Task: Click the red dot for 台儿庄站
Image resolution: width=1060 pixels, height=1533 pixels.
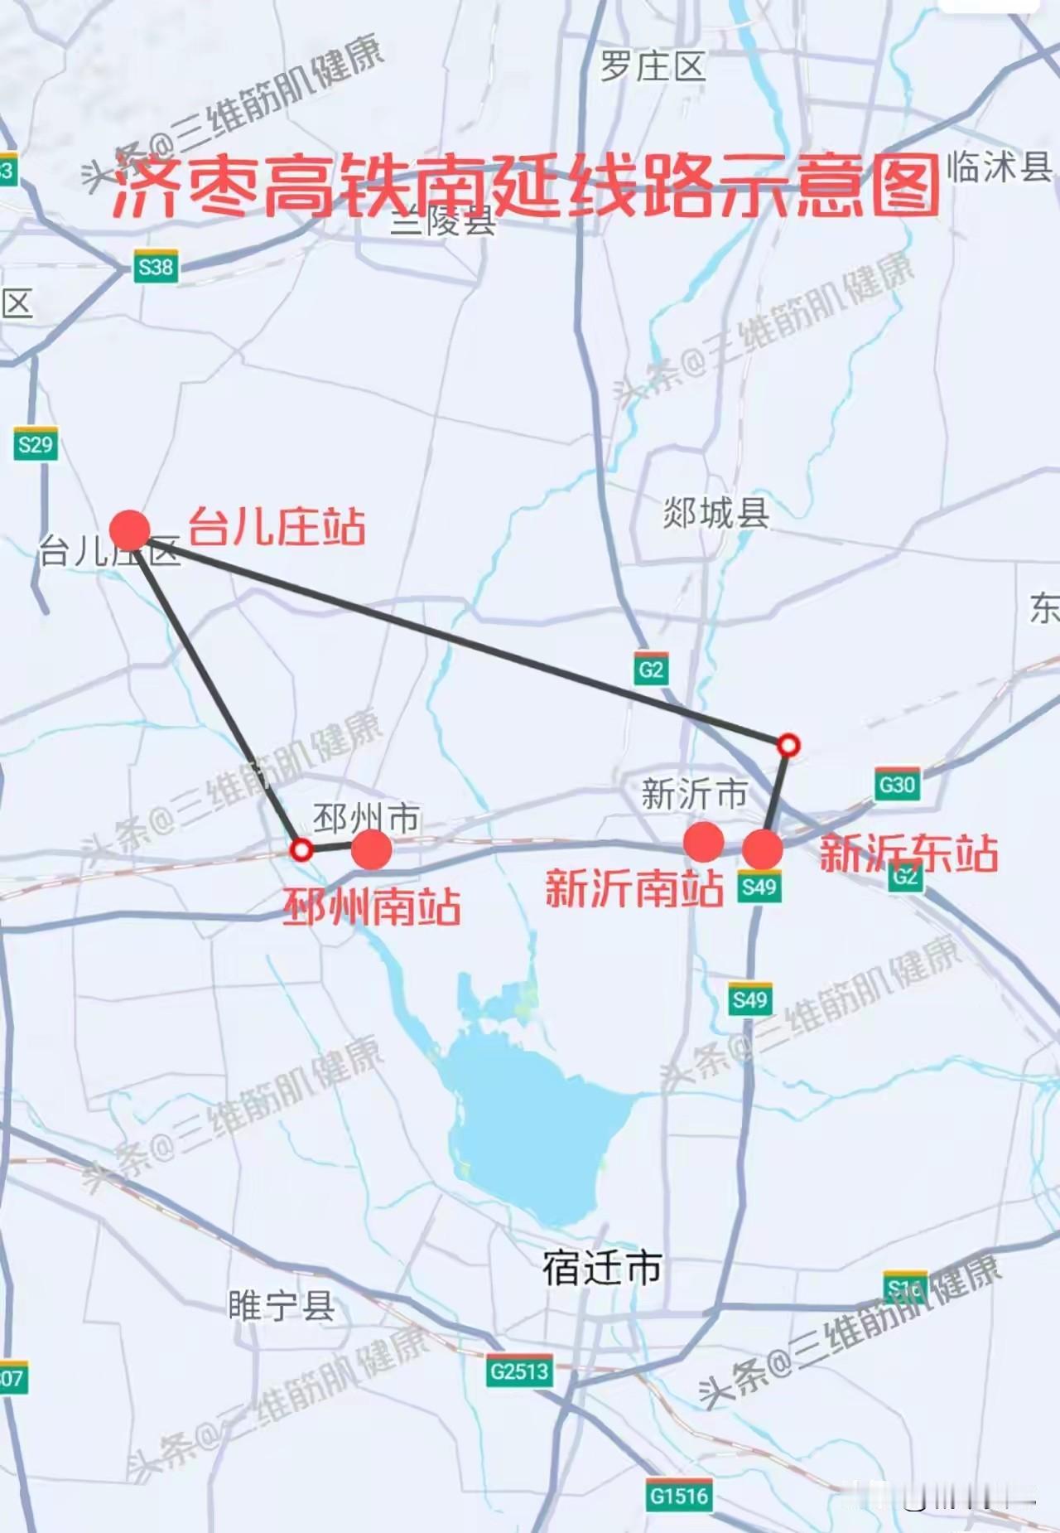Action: tap(130, 530)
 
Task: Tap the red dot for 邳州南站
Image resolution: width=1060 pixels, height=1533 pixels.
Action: tap(371, 849)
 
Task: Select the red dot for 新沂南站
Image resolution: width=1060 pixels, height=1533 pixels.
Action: tap(703, 842)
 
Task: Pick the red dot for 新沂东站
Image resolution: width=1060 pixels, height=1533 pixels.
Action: tap(762, 849)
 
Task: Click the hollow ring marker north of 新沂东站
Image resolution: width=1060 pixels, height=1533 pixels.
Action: tap(788, 745)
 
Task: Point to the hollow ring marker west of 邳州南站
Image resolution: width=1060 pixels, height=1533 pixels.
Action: tap(301, 849)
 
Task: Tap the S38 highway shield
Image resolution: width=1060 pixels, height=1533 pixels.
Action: tap(156, 268)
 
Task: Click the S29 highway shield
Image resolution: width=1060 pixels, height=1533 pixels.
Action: tap(35, 445)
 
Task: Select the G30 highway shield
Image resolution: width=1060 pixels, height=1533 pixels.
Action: tap(897, 784)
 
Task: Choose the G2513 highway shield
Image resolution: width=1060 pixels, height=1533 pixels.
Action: tap(519, 1371)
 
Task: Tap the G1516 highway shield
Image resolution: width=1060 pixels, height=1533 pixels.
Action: tap(679, 1496)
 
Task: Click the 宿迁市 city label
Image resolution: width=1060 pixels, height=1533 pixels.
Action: tap(602, 1268)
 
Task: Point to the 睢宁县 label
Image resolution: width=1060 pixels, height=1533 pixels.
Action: tap(282, 1307)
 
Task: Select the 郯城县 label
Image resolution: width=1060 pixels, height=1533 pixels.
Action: tap(716, 514)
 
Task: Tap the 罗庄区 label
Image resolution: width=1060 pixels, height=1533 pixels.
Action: tap(653, 66)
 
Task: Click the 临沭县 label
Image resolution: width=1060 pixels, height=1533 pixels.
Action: tap(1000, 167)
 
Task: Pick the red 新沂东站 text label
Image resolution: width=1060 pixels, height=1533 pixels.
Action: tap(908, 854)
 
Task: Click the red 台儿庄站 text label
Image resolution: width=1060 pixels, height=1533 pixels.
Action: tap(277, 527)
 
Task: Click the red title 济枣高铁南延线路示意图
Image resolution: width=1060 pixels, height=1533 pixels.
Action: tap(527, 187)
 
